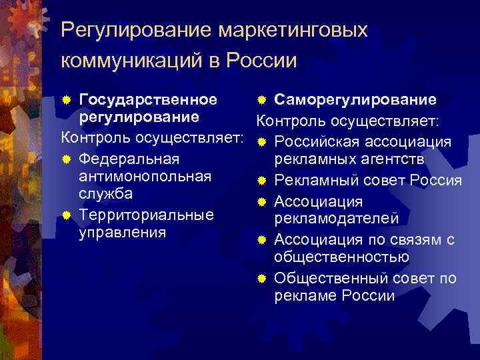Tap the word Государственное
coord(148,100)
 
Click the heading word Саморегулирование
coord(355,100)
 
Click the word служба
coord(105,193)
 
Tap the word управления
coord(121,232)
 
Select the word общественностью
coord(341,257)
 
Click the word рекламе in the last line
coord(303,295)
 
